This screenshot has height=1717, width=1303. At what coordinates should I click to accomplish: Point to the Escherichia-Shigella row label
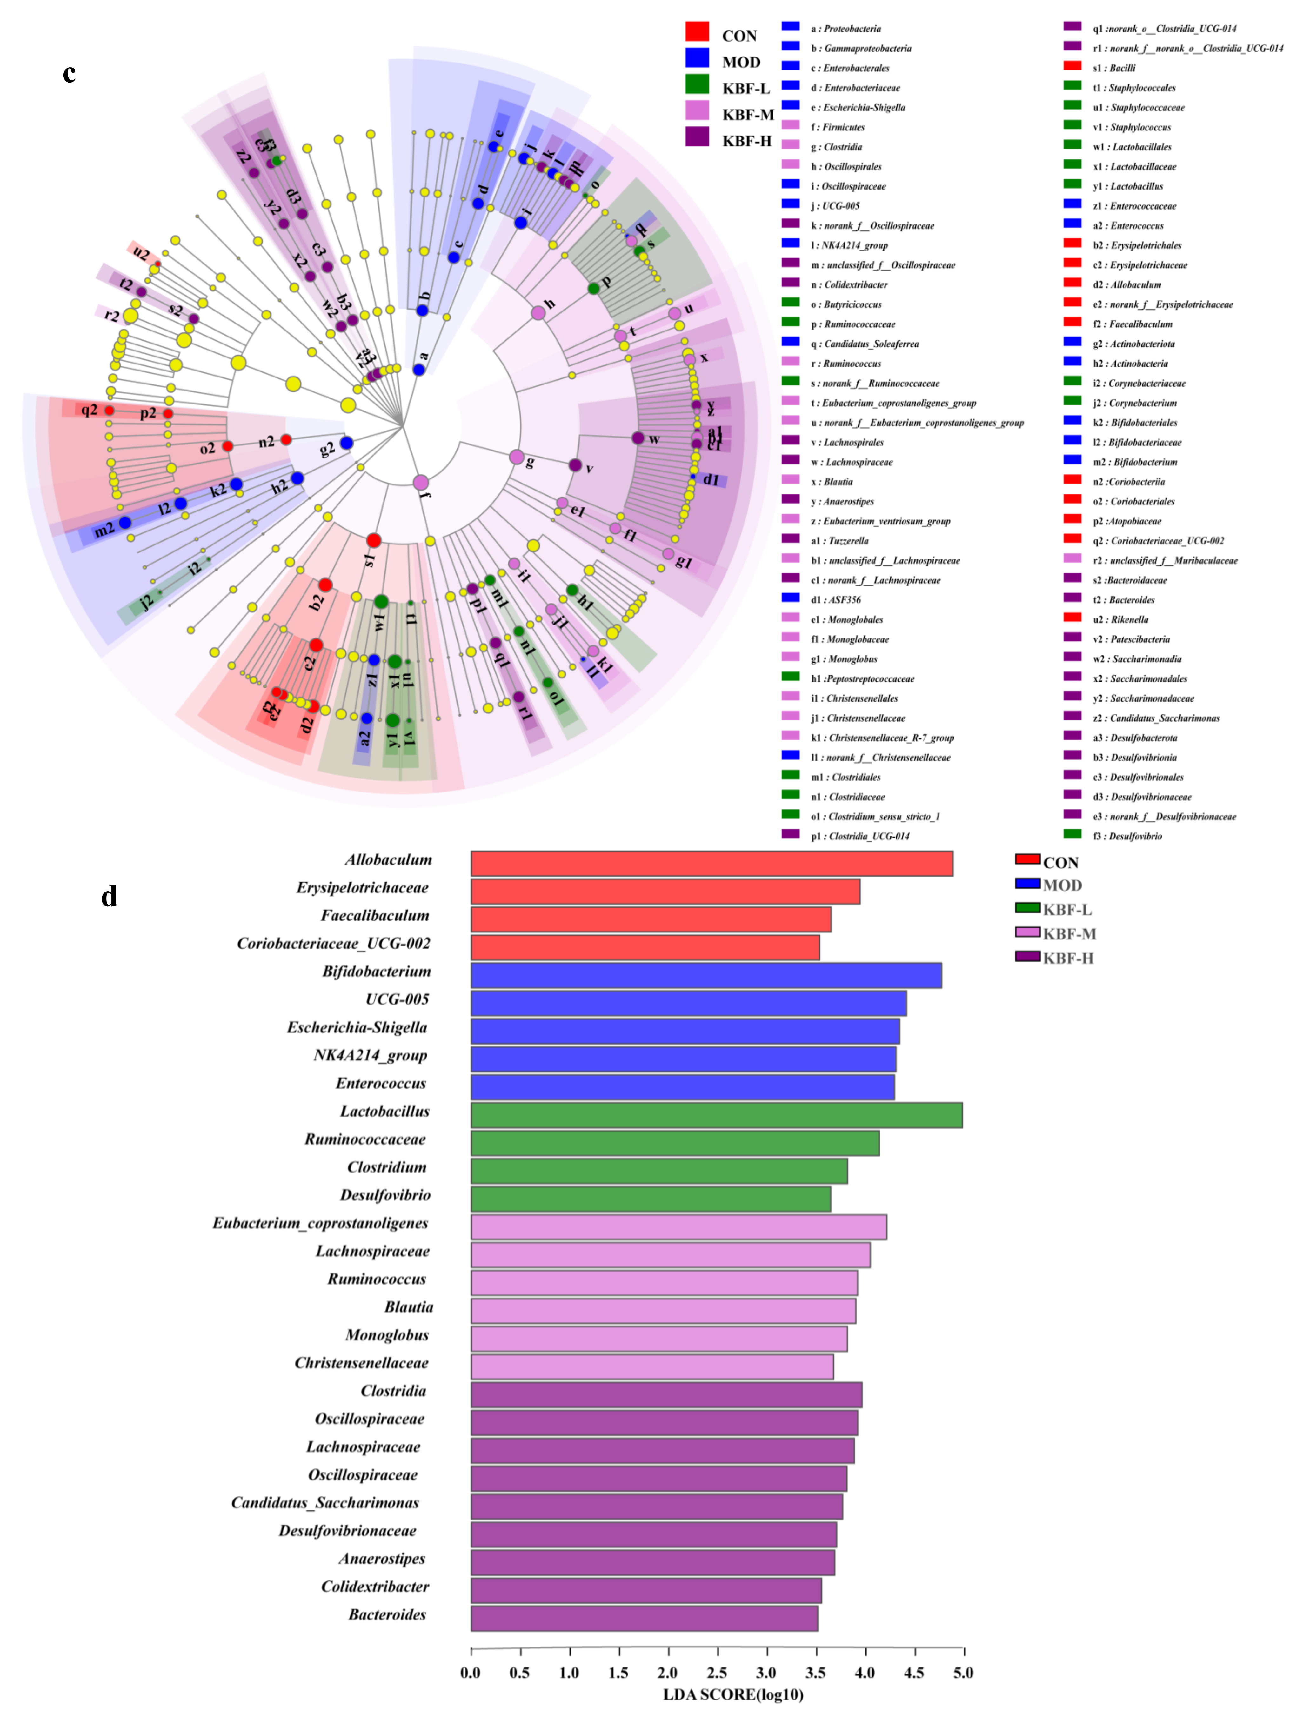coord(357,1027)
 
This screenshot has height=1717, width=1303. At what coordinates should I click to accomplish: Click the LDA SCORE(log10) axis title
coord(732,1694)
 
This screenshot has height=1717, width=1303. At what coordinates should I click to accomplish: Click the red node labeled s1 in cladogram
coord(373,540)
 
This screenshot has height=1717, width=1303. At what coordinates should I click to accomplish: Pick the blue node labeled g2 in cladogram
coord(346,443)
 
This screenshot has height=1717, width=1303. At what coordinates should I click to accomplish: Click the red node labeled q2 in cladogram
coord(110,410)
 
